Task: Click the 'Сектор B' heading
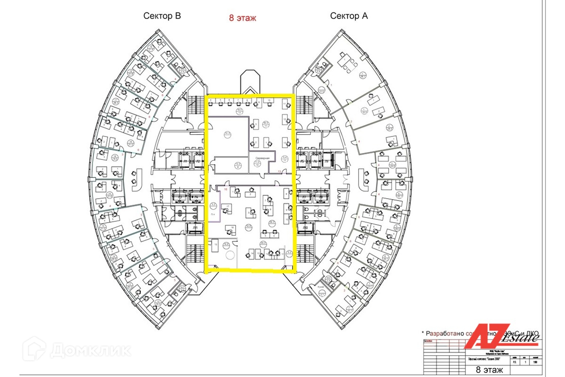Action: click(162, 16)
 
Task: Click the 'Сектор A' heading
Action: click(349, 16)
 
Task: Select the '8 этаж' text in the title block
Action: click(488, 369)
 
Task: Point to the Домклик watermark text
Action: click(81, 350)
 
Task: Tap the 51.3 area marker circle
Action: click(228, 134)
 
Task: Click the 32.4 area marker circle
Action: click(248, 225)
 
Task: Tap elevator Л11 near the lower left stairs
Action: click(195, 228)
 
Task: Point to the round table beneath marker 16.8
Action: click(230, 255)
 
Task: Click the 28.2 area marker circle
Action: click(272, 221)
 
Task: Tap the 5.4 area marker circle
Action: click(285, 158)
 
